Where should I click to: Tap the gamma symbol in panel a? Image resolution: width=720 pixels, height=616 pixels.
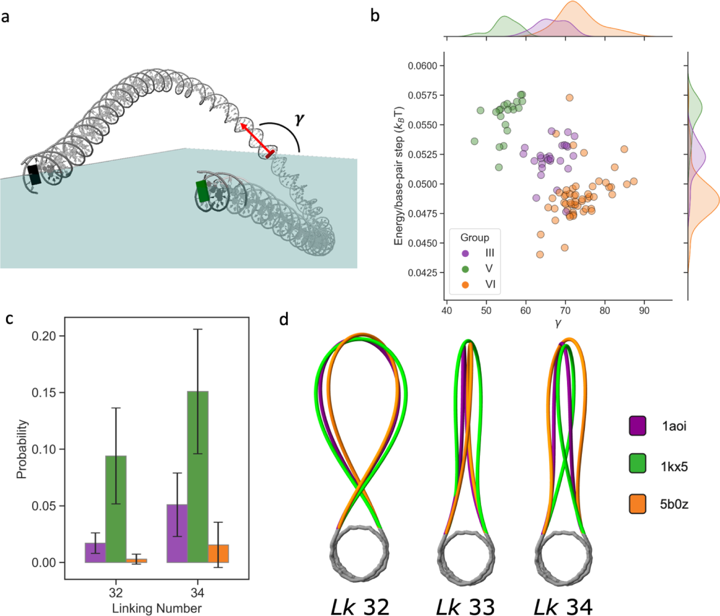[x=299, y=119]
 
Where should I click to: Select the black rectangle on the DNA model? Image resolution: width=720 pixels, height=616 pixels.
[x=34, y=175]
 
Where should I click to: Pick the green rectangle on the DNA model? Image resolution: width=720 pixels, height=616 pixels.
[x=202, y=191]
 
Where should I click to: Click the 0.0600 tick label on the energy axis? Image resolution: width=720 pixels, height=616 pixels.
[x=422, y=66]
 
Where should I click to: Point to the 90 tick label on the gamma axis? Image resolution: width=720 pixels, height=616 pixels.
[x=644, y=311]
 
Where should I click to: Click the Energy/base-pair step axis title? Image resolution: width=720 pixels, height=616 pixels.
[x=399, y=176]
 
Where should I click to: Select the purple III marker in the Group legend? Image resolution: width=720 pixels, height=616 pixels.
[x=465, y=253]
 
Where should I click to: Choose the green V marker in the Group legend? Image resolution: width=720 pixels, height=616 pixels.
[x=465, y=269]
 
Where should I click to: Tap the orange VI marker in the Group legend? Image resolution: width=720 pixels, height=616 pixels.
[x=465, y=285]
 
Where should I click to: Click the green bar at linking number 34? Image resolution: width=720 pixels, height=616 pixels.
[x=198, y=476]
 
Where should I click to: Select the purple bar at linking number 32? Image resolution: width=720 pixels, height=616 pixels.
[x=95, y=553]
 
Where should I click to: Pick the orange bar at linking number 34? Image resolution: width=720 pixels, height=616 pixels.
[x=218, y=554]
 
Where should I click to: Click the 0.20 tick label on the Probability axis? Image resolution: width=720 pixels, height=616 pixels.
[x=43, y=336]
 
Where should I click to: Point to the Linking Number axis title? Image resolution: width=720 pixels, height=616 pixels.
[x=156, y=608]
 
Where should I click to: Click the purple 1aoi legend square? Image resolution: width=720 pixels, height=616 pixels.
[x=637, y=425]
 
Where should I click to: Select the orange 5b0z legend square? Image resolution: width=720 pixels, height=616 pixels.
[x=637, y=504]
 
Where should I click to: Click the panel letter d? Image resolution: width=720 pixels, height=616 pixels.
[x=284, y=319]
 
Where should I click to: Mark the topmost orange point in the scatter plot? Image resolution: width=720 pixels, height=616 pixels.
[x=570, y=98]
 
